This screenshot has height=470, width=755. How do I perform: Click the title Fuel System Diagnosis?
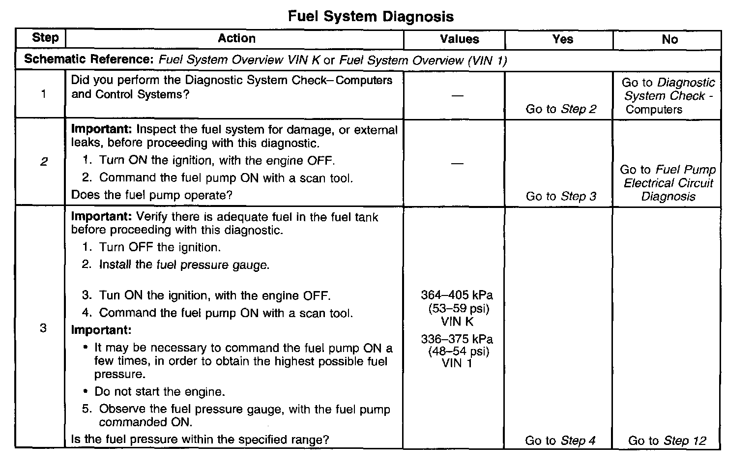(x=370, y=17)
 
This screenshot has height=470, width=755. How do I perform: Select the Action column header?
(x=236, y=38)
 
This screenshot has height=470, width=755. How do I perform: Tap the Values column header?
(x=459, y=39)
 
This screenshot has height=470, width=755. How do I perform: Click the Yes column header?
(x=562, y=39)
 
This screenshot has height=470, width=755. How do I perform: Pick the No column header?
(x=669, y=39)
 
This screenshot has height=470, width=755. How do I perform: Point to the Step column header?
(x=45, y=38)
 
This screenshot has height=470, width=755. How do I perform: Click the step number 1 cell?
(x=44, y=94)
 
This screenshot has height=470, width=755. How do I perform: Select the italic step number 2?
(x=44, y=162)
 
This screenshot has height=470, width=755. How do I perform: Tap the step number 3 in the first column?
(x=43, y=328)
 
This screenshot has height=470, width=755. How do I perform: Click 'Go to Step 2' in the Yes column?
(x=561, y=109)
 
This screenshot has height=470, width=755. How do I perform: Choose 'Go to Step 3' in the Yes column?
(x=561, y=197)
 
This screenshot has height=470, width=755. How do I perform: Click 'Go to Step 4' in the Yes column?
(x=560, y=441)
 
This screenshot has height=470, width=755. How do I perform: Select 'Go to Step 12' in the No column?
(x=667, y=441)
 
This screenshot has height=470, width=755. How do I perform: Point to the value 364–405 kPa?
(x=457, y=295)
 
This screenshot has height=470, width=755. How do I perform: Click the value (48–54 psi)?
(x=459, y=352)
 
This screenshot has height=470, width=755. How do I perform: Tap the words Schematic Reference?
(x=89, y=59)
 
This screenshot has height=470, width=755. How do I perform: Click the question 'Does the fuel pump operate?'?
(x=151, y=195)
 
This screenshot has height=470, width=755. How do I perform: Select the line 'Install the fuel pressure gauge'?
(x=184, y=265)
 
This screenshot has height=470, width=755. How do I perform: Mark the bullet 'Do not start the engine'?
(x=159, y=392)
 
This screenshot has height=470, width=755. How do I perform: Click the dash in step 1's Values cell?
(x=457, y=95)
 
